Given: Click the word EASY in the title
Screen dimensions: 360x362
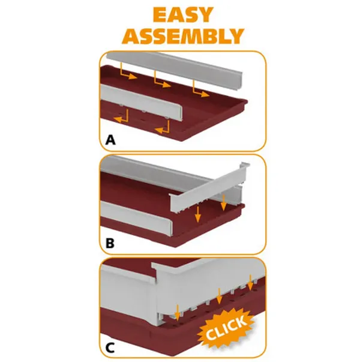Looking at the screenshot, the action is click(183, 15).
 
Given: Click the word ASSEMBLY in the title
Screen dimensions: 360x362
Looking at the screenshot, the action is click(183, 36).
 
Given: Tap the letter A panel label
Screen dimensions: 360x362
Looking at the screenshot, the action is click(110, 140).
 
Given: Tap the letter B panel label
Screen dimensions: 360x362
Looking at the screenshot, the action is click(110, 243).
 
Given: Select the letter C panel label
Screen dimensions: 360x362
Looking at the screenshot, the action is click(110, 348).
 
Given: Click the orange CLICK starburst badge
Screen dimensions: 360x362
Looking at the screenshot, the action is click(226, 328).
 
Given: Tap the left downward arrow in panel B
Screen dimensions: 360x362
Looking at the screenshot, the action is click(198, 214).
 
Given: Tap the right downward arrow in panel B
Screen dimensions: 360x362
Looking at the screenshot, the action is click(223, 202).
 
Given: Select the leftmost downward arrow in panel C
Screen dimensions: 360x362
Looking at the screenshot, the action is click(177, 313).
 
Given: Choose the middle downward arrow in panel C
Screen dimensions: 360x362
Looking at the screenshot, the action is click(219, 296).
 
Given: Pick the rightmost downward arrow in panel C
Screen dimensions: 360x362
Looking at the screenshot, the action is click(250, 283).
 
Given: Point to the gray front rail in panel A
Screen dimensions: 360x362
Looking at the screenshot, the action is click(141, 101).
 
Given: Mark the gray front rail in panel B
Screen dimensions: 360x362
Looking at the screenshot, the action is click(136, 218).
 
